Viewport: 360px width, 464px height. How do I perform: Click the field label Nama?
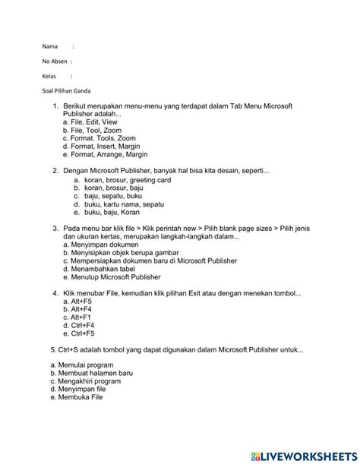coord(50,46)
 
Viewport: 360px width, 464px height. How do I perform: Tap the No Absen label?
coord(56,61)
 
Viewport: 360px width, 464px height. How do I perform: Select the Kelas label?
coord(50,76)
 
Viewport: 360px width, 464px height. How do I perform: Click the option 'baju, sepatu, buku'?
coord(108,197)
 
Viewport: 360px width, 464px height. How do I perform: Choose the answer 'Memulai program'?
coord(82,365)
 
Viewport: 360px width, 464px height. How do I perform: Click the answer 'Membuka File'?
coord(78,397)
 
